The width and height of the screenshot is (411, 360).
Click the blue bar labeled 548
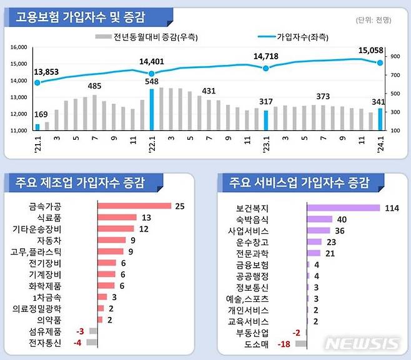(151, 110)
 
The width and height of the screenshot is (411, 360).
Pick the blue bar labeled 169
(37, 127)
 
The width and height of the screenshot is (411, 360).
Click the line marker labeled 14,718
(266, 68)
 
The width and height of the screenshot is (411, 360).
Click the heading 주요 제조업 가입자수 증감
(84, 183)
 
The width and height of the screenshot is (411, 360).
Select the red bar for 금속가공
(134, 206)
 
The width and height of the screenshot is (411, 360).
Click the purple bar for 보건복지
(343, 208)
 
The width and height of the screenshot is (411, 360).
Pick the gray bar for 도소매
(300, 344)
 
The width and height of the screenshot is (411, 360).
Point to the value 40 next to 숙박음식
(342, 219)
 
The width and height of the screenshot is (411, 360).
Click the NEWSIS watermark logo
(363, 344)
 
